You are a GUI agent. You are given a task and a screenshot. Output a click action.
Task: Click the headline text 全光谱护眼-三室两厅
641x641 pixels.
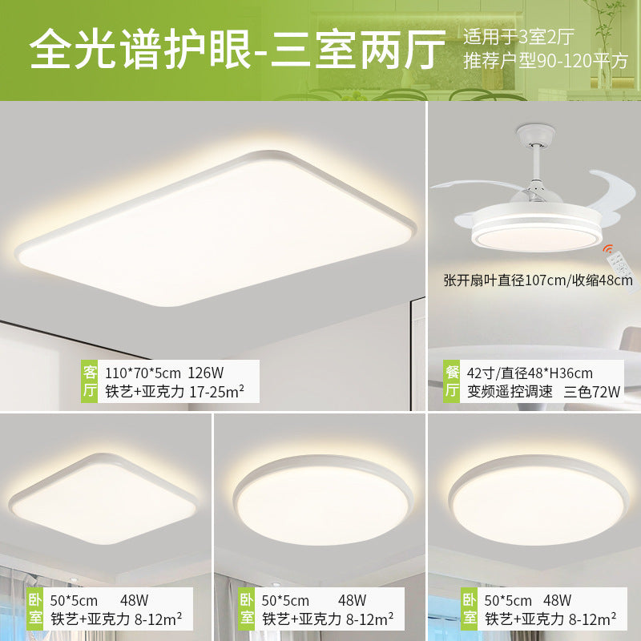click(x=237, y=50)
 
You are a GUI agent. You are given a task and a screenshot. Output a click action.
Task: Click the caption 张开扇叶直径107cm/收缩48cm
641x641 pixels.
click(x=538, y=280)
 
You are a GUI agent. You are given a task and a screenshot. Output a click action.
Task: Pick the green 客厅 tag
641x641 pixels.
click(x=91, y=381)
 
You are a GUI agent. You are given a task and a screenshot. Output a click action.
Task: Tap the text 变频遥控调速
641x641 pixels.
click(x=500, y=391)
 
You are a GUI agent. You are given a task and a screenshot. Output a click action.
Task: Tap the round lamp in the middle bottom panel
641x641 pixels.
click(x=320, y=501)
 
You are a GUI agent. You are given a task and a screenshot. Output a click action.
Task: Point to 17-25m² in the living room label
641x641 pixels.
click(x=216, y=391)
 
